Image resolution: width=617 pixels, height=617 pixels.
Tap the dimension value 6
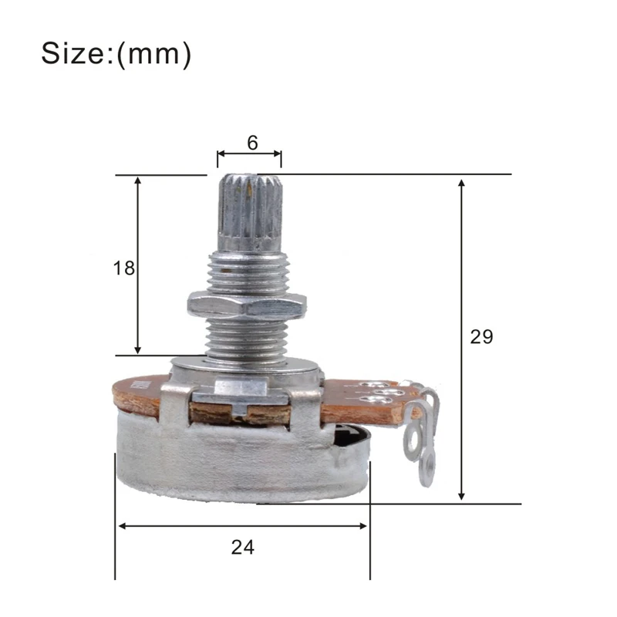(x=251, y=143)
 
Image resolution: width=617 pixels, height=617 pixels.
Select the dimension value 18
(x=123, y=268)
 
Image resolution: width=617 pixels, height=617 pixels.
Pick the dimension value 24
(x=242, y=547)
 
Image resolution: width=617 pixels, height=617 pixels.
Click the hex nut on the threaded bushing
(x=246, y=305)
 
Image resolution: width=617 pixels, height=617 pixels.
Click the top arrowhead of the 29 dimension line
(x=461, y=184)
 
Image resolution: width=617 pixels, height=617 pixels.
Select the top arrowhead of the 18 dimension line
(x=138, y=181)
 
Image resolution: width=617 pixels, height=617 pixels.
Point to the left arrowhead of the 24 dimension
(x=123, y=526)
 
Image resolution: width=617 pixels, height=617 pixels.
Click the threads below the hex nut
(x=247, y=339)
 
